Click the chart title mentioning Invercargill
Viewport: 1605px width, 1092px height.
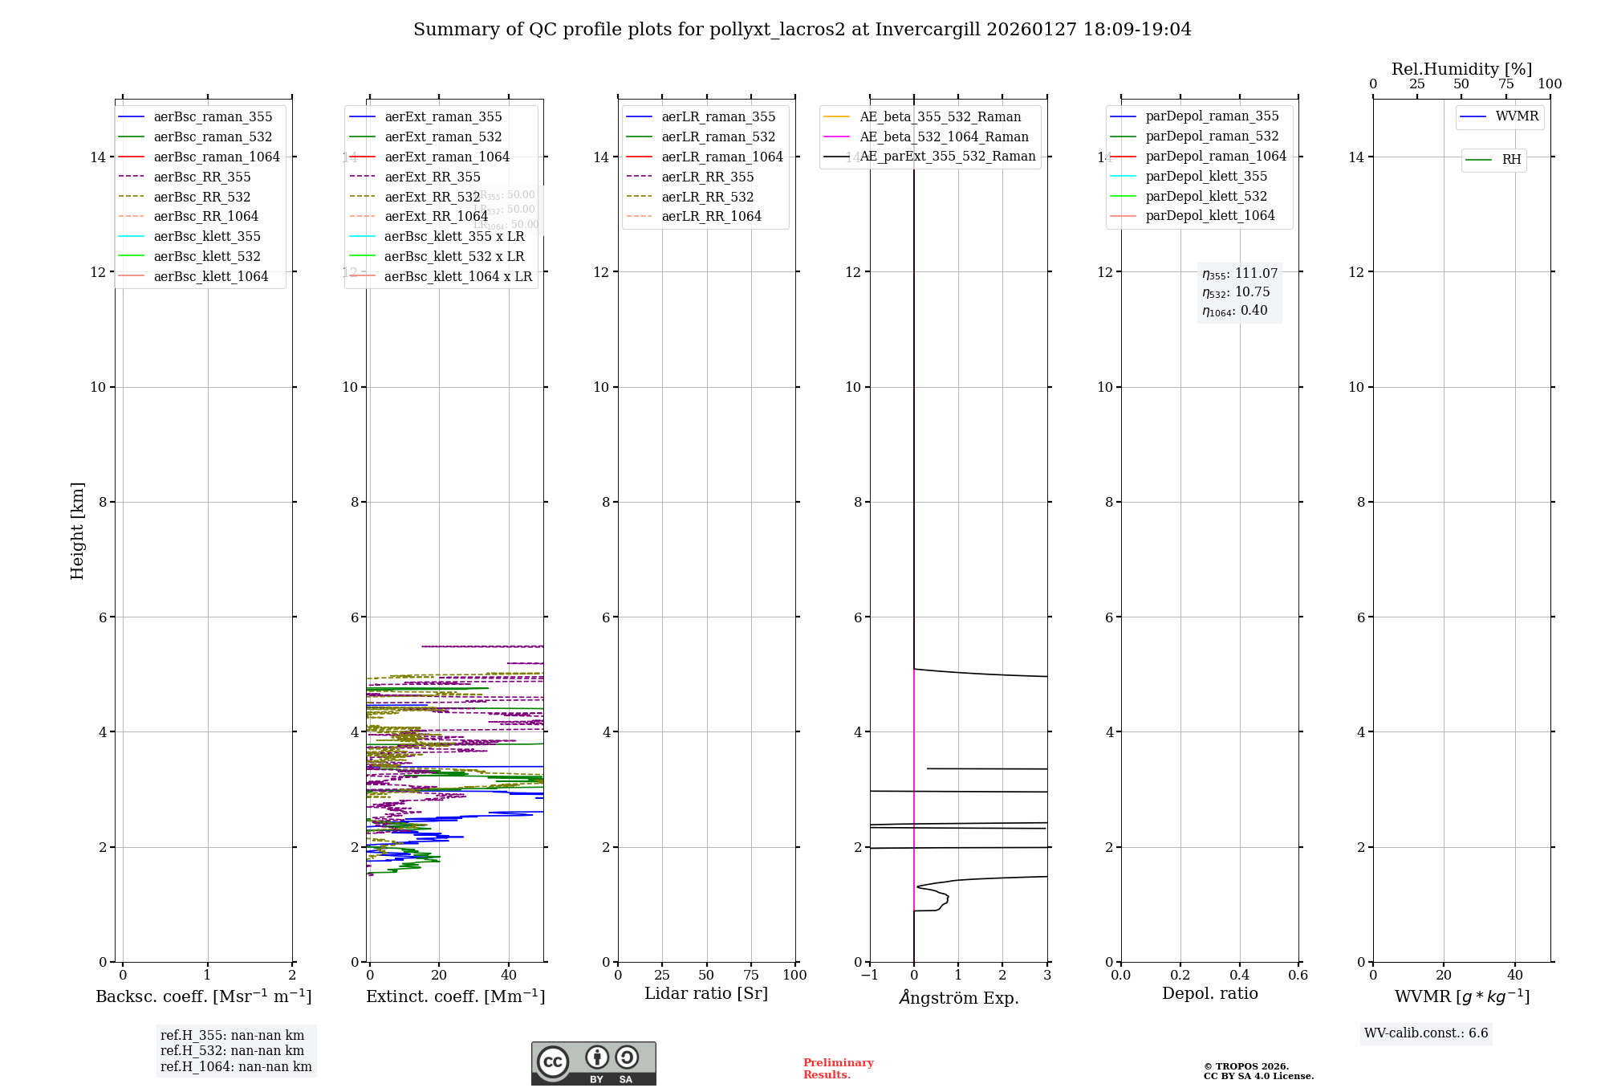point(802,30)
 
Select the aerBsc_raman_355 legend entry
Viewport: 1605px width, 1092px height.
point(213,117)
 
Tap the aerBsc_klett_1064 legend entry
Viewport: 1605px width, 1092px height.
point(210,277)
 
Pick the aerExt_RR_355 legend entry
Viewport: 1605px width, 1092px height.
point(432,177)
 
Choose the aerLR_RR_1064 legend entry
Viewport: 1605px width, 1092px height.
point(711,217)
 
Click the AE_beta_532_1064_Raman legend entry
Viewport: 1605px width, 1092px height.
point(944,137)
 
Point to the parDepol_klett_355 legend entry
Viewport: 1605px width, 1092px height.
point(1206,177)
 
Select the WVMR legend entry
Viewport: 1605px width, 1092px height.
point(1517,116)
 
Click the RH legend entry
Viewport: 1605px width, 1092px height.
point(1511,160)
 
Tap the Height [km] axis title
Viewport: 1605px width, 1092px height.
point(77,530)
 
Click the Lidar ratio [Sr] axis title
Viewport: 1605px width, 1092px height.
point(706,994)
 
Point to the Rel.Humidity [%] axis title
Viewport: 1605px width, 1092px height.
point(1461,69)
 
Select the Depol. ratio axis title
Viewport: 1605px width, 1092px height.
point(1209,994)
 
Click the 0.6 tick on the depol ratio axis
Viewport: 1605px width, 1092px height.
point(1298,976)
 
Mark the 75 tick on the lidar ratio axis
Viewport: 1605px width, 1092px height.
point(751,976)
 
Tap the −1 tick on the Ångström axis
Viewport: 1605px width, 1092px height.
point(869,976)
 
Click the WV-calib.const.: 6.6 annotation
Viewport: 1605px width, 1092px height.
point(1426,1033)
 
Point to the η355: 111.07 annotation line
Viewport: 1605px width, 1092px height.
point(1239,274)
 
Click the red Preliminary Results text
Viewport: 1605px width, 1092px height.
point(838,1069)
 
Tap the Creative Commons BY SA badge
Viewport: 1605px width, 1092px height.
point(593,1064)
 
